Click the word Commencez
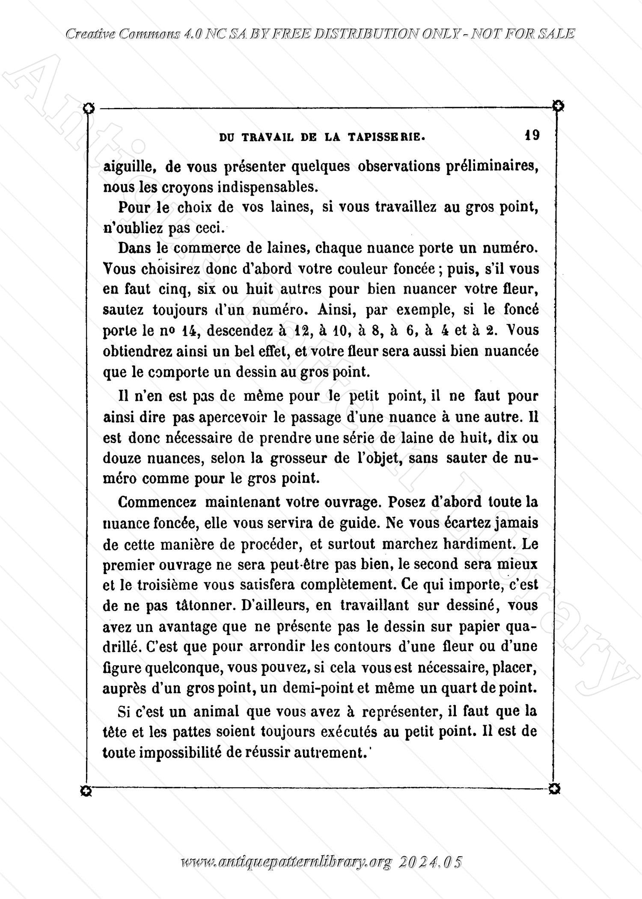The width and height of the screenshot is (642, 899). point(157,502)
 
